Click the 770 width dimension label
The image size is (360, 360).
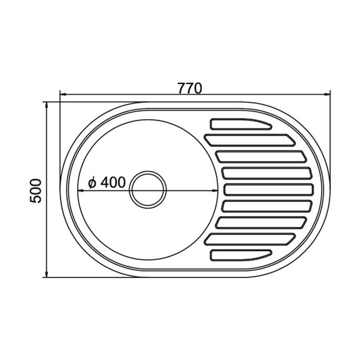(190, 88)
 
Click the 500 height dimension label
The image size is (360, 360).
(36, 191)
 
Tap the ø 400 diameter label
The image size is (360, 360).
(107, 182)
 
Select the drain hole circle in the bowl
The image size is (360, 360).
(148, 190)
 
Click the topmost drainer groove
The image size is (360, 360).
(241, 124)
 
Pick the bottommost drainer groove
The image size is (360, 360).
(241, 255)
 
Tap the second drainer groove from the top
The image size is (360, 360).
(250, 140)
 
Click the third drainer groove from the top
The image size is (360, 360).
(261, 156)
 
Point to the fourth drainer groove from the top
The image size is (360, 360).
(267, 173)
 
